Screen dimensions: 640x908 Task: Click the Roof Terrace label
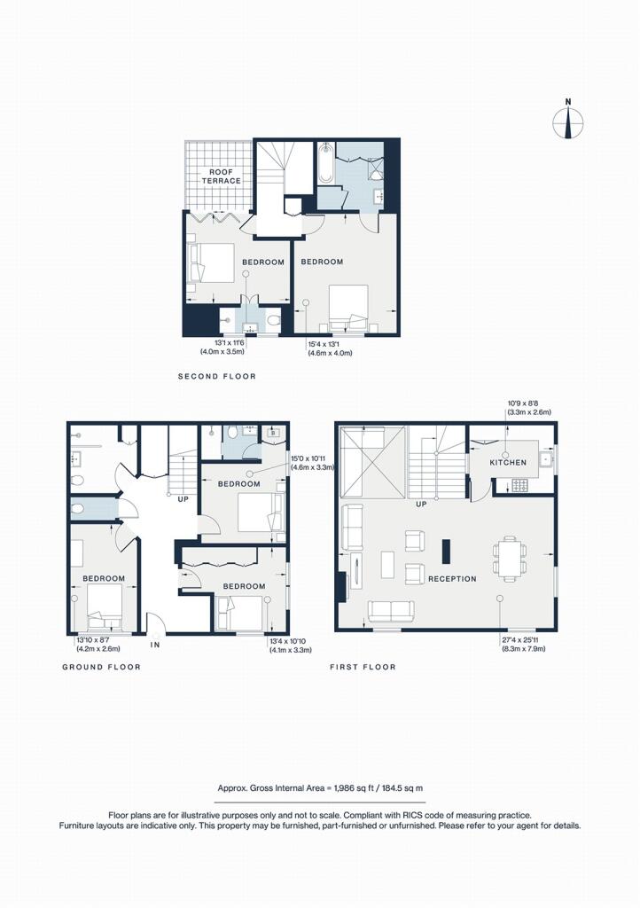coord(221,176)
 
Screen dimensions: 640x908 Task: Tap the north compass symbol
coord(567,121)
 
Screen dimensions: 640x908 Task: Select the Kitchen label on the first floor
coord(508,463)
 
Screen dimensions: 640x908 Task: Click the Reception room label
coord(452,578)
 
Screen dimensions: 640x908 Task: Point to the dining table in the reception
coord(510,559)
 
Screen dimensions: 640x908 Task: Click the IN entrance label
coord(155,645)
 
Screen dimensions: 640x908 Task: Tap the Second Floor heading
coord(217,376)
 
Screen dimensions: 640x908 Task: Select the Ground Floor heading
coord(102,667)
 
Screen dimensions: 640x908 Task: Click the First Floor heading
coord(363,667)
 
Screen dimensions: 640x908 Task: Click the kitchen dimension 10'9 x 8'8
coord(524,403)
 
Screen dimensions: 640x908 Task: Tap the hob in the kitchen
coord(519,485)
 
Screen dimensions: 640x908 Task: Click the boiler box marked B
coord(272,433)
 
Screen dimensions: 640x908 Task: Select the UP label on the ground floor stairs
coord(183,499)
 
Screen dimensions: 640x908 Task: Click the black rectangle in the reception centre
coord(446,552)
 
